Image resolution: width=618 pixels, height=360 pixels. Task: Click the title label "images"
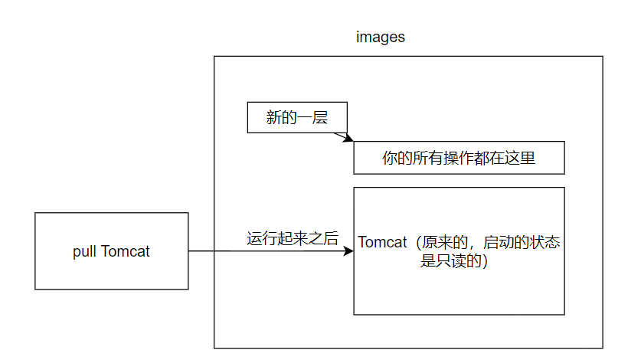point(381,38)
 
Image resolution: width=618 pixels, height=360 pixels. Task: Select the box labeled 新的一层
point(297,117)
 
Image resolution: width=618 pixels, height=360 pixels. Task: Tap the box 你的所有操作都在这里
point(458,159)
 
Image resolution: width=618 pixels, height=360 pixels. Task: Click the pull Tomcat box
point(112,251)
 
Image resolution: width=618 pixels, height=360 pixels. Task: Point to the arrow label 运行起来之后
point(292,238)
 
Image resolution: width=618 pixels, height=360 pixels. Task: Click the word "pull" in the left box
point(83,251)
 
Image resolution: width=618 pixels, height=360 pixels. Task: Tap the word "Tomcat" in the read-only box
point(383,243)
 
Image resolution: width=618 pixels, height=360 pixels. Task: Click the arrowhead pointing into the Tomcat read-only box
point(348,251)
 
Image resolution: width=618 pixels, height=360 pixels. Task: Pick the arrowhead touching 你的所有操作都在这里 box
point(348,139)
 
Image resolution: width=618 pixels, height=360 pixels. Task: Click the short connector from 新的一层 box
point(341,136)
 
